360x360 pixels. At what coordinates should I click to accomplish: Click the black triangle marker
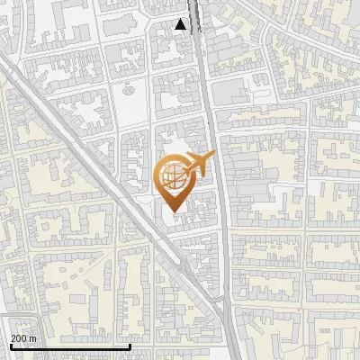(181, 25)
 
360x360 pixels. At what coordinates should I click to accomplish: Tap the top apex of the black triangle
(181, 20)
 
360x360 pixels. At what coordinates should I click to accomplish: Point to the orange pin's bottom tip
(172, 211)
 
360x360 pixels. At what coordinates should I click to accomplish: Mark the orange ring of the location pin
(158, 180)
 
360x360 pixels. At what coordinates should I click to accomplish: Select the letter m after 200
(33, 338)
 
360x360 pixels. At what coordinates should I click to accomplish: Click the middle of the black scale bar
(70, 346)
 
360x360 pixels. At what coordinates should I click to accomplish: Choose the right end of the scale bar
(130, 345)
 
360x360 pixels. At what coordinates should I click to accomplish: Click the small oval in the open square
(130, 89)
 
